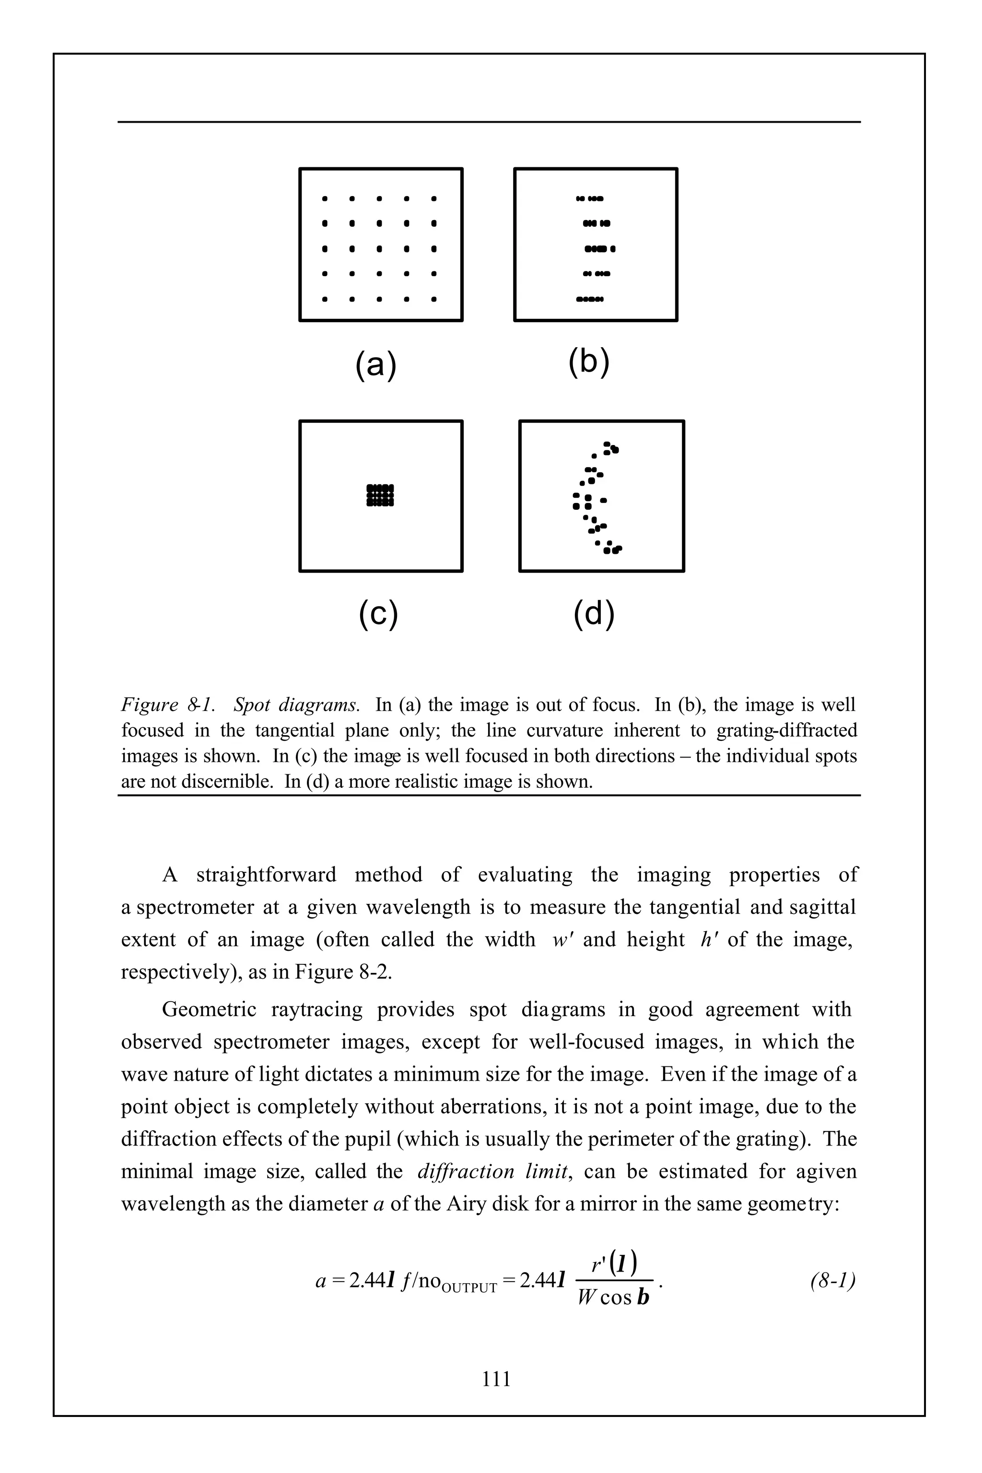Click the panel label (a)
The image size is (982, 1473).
coord(376,364)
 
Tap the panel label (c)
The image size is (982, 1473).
coord(378,614)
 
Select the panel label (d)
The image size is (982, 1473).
coord(594,614)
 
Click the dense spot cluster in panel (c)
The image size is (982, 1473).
coord(380,495)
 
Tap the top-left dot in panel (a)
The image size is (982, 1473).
coord(325,199)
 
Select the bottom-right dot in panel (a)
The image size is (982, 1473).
coord(433,299)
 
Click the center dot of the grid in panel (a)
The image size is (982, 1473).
coord(379,249)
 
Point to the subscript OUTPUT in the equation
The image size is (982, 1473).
coord(468,1288)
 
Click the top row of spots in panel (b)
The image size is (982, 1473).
coord(589,199)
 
